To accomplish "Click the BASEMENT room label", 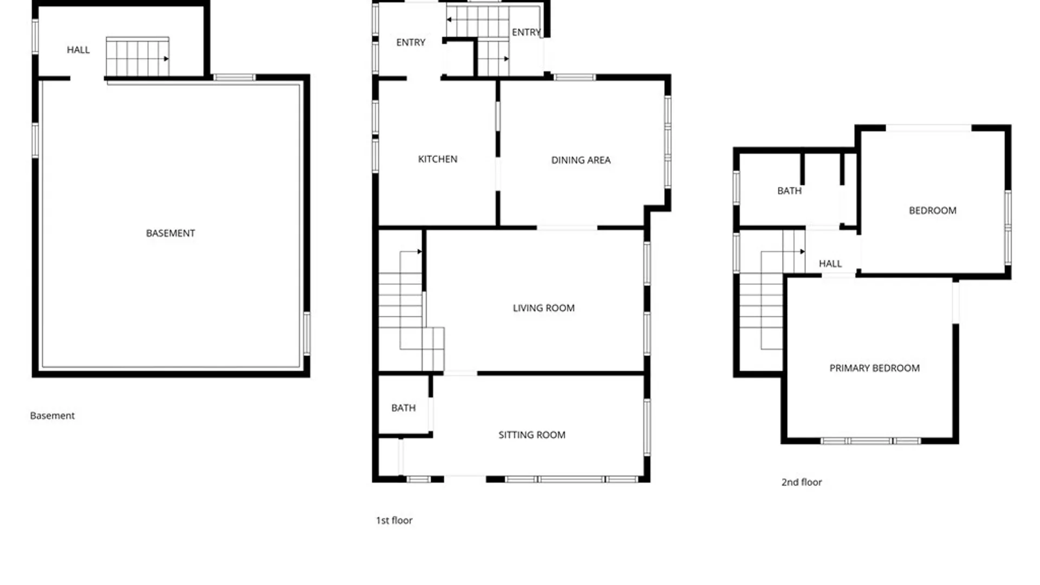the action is coord(170,233).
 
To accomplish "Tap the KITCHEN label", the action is coord(438,159).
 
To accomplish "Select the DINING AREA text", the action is coord(581,160).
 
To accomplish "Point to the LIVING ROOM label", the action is coord(543,308).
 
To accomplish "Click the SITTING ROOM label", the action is coord(532,434).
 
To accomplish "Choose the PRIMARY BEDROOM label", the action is coord(874,368).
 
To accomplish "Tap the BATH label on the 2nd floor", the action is coord(789,191).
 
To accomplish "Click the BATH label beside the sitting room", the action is coord(404,407).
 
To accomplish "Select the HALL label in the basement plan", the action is coord(78,50).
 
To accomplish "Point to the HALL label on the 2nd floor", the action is coord(830,264).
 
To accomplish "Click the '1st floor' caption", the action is coord(394,520).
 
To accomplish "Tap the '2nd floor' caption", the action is coord(801,482).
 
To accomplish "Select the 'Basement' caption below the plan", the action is coord(52,415).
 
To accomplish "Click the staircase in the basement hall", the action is coord(138,57).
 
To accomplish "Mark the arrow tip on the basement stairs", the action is coord(168,58).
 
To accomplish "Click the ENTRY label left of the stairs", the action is coord(411,42).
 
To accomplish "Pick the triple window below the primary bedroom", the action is coord(870,441).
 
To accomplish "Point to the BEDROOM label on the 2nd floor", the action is coord(932,210).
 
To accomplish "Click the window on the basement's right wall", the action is coord(307,334).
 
